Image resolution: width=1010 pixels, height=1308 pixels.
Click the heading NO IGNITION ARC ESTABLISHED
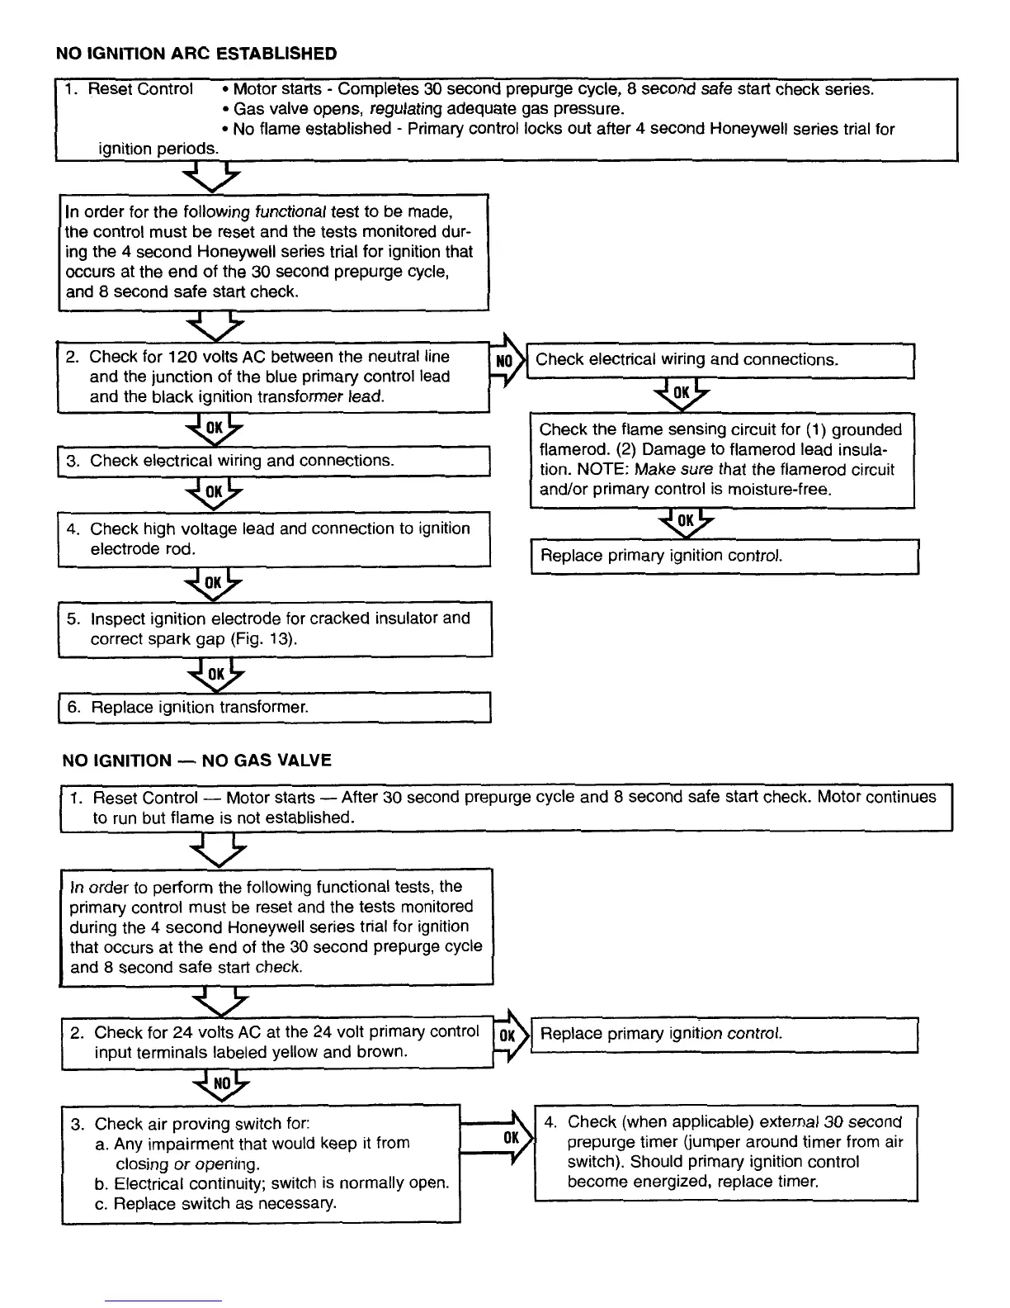coord(196,54)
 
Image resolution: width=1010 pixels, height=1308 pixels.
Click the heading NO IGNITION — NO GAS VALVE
coord(196,761)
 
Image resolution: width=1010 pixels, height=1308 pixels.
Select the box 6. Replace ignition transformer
coord(274,708)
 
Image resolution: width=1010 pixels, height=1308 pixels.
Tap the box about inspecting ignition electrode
coord(274,629)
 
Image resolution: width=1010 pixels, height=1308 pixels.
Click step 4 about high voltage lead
coord(274,538)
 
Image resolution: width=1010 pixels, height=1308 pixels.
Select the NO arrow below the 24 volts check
coord(221,1083)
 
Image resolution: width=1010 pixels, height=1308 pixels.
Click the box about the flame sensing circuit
coord(721,460)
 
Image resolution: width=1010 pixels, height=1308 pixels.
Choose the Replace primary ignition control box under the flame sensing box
coord(724,556)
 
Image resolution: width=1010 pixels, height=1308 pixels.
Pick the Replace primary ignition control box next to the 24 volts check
coord(724,1035)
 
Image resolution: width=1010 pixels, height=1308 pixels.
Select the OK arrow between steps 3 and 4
coord(214,492)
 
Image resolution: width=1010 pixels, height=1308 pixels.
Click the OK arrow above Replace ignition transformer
coord(215,675)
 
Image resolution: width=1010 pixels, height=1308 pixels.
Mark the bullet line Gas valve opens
coord(427,109)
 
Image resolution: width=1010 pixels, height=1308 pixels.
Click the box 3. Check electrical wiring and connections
coord(274,461)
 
